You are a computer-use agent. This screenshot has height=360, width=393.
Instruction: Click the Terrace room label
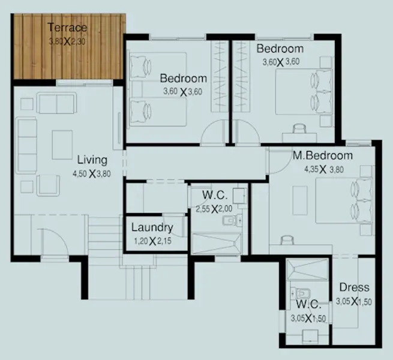(67, 28)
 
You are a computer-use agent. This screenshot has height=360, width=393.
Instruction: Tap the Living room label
(92, 160)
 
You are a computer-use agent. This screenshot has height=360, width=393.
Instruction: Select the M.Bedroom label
(323, 155)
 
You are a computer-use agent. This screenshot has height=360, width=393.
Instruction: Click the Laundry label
(152, 227)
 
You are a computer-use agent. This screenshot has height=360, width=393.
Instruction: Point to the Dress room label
(354, 287)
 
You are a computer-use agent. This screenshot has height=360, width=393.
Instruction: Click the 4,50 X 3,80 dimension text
(92, 173)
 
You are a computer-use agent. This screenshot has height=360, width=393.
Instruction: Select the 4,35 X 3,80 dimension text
(324, 169)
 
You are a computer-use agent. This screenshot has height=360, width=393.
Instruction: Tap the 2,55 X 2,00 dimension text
(214, 209)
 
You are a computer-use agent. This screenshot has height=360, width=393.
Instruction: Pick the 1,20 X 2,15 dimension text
(152, 241)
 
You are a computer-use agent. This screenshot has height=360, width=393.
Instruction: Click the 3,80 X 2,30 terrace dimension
(67, 41)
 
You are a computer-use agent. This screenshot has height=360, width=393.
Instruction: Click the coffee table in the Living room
(62, 145)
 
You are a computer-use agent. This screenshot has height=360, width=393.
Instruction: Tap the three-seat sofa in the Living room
(26, 145)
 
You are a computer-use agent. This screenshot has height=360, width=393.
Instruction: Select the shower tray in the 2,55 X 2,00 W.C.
(217, 244)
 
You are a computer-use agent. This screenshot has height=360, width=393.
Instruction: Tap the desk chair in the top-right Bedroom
(300, 128)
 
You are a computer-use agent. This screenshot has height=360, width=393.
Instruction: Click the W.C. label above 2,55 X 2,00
(215, 195)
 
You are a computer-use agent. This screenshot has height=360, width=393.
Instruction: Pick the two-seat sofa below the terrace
(56, 103)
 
